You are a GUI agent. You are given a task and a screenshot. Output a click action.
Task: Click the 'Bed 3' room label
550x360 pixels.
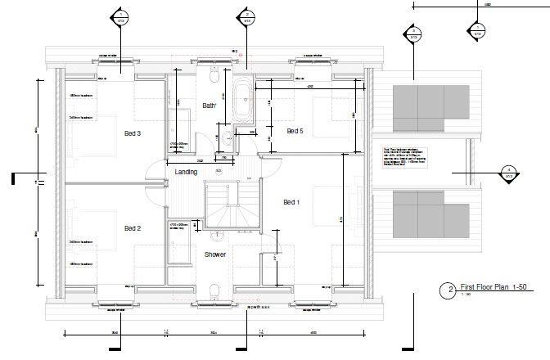tap(133, 133)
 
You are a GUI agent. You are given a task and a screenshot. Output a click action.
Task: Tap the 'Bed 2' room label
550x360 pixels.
tap(133, 228)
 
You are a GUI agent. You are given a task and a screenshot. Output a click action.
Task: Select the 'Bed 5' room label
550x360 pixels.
tap(295, 131)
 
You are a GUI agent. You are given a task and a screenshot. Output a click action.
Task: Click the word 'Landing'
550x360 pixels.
tap(187, 172)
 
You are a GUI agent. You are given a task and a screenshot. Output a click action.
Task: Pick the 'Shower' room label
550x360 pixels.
tap(215, 254)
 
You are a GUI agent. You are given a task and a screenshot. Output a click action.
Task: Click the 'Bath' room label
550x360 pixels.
tap(209, 106)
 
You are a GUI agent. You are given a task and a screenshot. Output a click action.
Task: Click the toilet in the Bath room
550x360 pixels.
tap(213, 78)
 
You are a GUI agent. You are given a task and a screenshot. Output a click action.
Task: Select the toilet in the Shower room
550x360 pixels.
tap(214, 290)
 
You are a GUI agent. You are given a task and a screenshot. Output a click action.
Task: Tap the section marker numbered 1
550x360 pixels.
tap(122, 16)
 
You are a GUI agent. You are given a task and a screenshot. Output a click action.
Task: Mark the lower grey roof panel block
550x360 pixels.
tap(431, 215)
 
